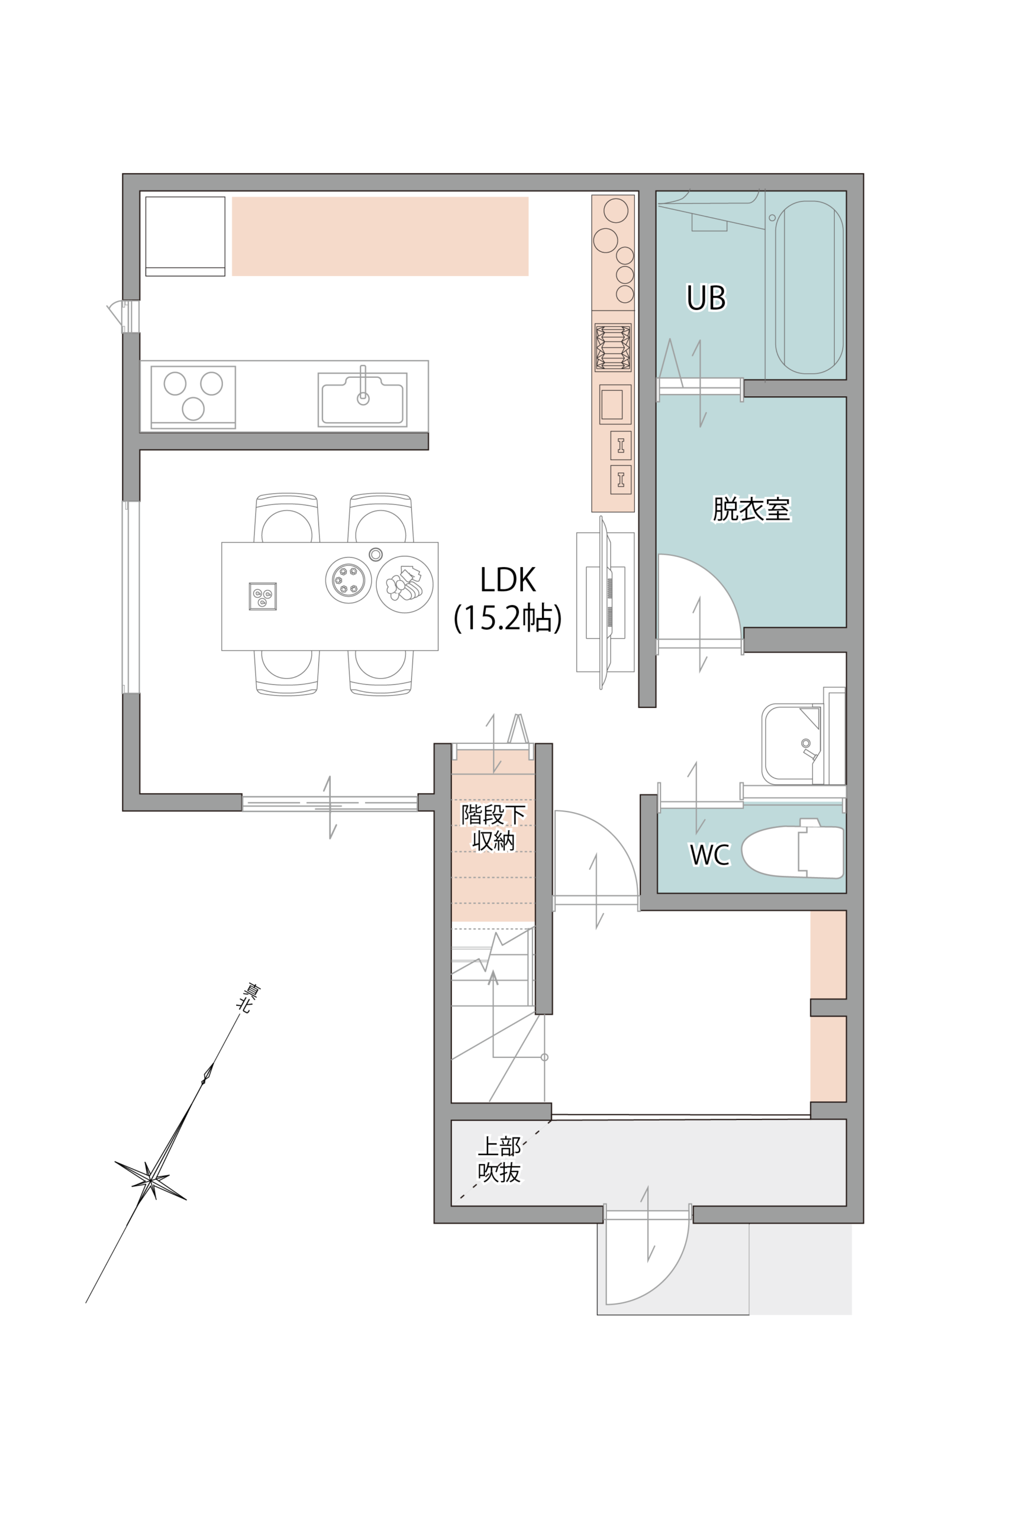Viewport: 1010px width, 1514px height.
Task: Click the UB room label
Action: [706, 297]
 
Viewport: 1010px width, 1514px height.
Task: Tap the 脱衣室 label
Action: [751, 509]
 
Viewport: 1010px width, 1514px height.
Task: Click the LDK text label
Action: [508, 580]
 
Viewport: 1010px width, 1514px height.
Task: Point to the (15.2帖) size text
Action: [508, 617]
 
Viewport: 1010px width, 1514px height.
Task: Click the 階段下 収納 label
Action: [493, 827]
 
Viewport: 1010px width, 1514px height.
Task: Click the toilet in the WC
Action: [793, 851]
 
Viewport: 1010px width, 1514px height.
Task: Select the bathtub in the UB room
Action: [809, 287]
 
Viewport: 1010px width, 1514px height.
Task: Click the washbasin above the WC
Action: [792, 743]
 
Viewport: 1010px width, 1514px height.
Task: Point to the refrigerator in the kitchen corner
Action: [186, 236]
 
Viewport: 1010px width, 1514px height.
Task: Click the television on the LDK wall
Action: [605, 603]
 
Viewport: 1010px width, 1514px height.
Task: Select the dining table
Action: [330, 596]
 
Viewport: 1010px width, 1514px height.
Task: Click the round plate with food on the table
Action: [405, 584]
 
